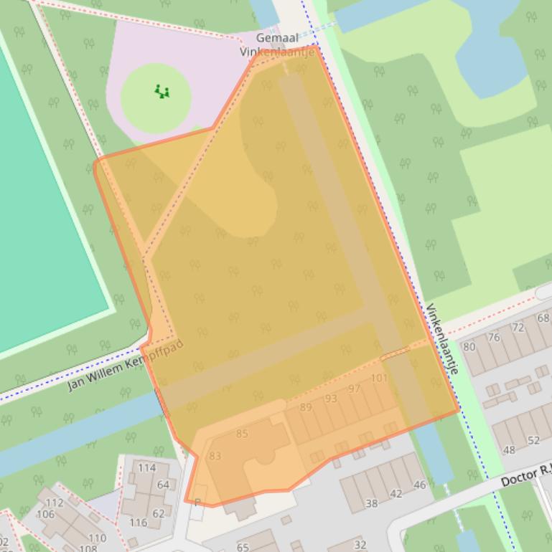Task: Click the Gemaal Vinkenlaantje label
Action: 276,44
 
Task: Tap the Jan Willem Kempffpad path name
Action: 126,365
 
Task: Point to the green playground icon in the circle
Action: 162,91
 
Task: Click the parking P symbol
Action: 197,503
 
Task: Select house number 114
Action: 146,468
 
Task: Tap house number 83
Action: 215,456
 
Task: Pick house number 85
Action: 242,433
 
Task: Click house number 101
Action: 379,378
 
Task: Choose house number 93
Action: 330,399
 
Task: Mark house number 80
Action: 469,347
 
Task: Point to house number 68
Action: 543,318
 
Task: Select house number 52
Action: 533,440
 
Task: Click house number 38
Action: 372,503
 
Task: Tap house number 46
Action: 420,485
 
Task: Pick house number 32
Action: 360,545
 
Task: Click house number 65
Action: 243,547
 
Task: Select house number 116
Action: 138,523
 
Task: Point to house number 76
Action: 494,337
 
